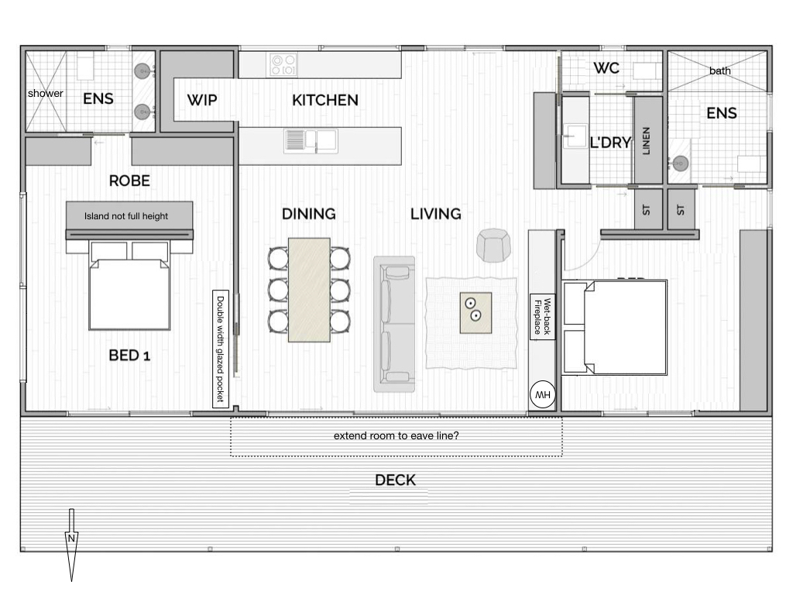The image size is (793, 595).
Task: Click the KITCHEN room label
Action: coord(324,100)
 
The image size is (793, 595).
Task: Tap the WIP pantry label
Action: coord(202,100)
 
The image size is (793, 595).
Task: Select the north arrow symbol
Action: coord(71,545)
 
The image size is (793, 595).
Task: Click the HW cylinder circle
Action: coord(543,394)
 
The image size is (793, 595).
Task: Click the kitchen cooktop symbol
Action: coord(283,65)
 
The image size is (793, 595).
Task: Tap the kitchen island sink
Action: coord(311,141)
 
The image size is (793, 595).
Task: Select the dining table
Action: coord(309,290)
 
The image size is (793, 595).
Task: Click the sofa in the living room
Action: coord(394,325)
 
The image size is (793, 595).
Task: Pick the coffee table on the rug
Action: coord(475,313)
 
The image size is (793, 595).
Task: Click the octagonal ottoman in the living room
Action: coord(493,246)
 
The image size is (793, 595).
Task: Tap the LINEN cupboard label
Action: coord(647,141)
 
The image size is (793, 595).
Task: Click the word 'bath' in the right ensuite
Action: coord(719,71)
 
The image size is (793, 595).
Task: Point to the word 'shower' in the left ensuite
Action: coord(46,94)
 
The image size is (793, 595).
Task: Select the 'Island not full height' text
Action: coord(126,216)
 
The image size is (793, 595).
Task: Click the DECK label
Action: coord(396,480)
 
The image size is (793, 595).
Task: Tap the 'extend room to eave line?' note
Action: coord(396,435)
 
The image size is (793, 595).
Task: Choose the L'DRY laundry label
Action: coord(611,143)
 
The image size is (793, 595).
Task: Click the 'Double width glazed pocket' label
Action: coord(221,349)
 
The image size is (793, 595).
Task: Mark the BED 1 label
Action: coord(129,356)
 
